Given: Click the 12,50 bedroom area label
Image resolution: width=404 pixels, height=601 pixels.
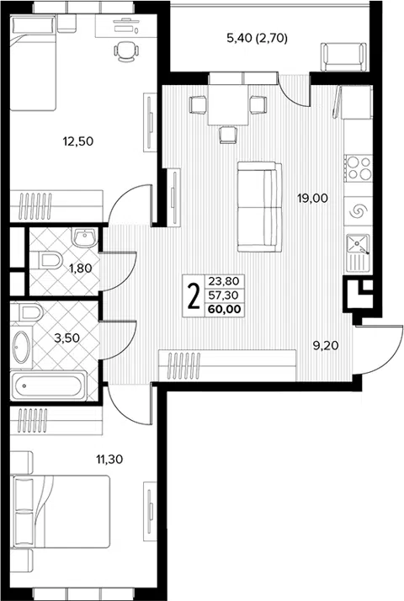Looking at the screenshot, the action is click(77, 141).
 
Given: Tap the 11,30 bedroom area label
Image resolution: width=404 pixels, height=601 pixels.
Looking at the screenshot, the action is click(109, 459).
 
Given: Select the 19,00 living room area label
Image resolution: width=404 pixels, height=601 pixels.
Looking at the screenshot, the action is click(313, 198).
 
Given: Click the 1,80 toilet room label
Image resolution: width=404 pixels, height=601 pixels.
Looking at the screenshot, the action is click(81, 269).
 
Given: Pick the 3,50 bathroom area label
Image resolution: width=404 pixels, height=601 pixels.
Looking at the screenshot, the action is click(66, 338).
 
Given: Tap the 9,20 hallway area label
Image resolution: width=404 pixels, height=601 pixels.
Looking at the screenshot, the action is click(326, 346).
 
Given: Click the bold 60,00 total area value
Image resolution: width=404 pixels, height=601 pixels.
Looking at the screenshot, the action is click(225, 309).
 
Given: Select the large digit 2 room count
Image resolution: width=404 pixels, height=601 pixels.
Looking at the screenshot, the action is click(194, 295).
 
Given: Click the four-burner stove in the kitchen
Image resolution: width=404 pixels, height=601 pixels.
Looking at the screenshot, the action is click(358, 168).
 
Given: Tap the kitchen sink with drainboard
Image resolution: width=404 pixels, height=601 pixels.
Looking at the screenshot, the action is click(358, 252).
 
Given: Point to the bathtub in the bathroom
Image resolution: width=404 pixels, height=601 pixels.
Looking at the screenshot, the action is click(47, 386).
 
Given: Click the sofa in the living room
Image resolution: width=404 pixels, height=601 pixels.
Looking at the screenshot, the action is click(259, 206).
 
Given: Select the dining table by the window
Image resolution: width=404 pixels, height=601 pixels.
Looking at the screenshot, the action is click(228, 104).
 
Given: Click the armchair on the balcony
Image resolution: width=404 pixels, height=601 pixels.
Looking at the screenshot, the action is click(343, 56).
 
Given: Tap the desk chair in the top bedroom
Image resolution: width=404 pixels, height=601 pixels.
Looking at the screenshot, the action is click(126, 51).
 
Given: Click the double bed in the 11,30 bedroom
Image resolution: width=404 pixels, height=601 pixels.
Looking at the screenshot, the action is click(61, 512).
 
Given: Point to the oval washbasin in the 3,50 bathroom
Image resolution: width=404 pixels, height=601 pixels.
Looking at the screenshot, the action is click(22, 348).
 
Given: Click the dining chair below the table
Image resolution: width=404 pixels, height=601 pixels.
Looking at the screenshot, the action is click(228, 135).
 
